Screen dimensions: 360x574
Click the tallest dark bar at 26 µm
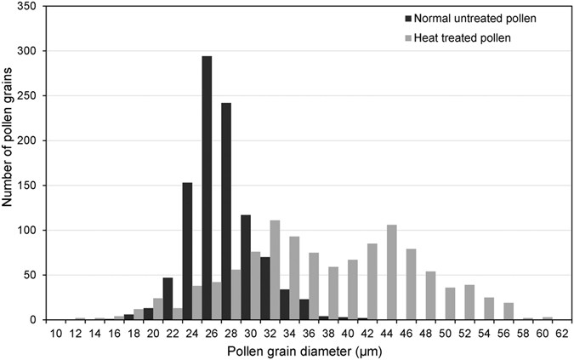(x=207, y=188)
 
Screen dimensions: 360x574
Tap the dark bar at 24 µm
(x=187, y=251)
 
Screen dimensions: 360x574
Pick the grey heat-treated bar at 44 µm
(x=392, y=272)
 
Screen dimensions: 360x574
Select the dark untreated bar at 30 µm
(x=245, y=267)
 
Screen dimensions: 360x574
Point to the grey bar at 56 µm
(x=509, y=311)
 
